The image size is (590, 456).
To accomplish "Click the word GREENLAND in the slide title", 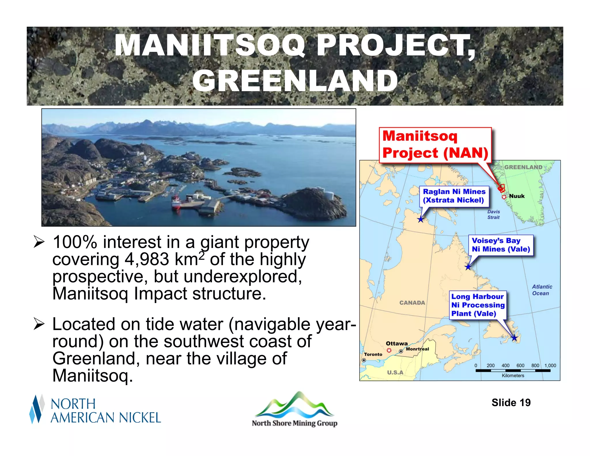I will point(295,81).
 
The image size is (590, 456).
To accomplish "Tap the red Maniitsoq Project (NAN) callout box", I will point(435,145).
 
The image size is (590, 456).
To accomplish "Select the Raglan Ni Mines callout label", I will point(454,196).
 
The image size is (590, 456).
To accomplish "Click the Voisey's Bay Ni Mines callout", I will point(501,245).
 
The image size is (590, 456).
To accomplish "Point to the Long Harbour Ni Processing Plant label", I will point(478,305).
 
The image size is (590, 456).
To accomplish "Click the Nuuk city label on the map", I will point(517,196).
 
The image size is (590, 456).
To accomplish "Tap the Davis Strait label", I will point(493,214).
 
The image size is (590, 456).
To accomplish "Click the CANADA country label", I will point(412,303).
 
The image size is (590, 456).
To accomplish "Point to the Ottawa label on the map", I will point(397,344).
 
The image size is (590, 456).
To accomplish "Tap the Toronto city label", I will point(373,354).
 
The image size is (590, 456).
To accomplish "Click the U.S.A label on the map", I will point(395,372).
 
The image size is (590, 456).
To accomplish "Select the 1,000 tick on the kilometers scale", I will point(550,365).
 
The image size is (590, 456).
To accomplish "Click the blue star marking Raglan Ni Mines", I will point(421,220).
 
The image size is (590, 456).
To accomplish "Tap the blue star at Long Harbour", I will point(514,338).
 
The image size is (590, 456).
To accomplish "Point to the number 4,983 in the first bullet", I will point(147,259).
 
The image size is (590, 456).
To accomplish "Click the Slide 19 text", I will point(511,403).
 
